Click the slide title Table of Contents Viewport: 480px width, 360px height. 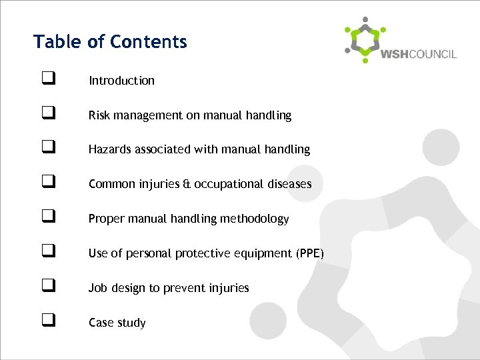click(x=110, y=42)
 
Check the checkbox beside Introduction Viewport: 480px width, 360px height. click(x=47, y=81)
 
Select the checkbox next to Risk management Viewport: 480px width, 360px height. click(x=47, y=115)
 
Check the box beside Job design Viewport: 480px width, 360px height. click(x=47, y=288)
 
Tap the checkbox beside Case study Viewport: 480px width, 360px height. click(x=47, y=323)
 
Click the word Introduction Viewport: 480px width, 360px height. click(x=121, y=81)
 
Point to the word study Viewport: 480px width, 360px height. click(x=131, y=323)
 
